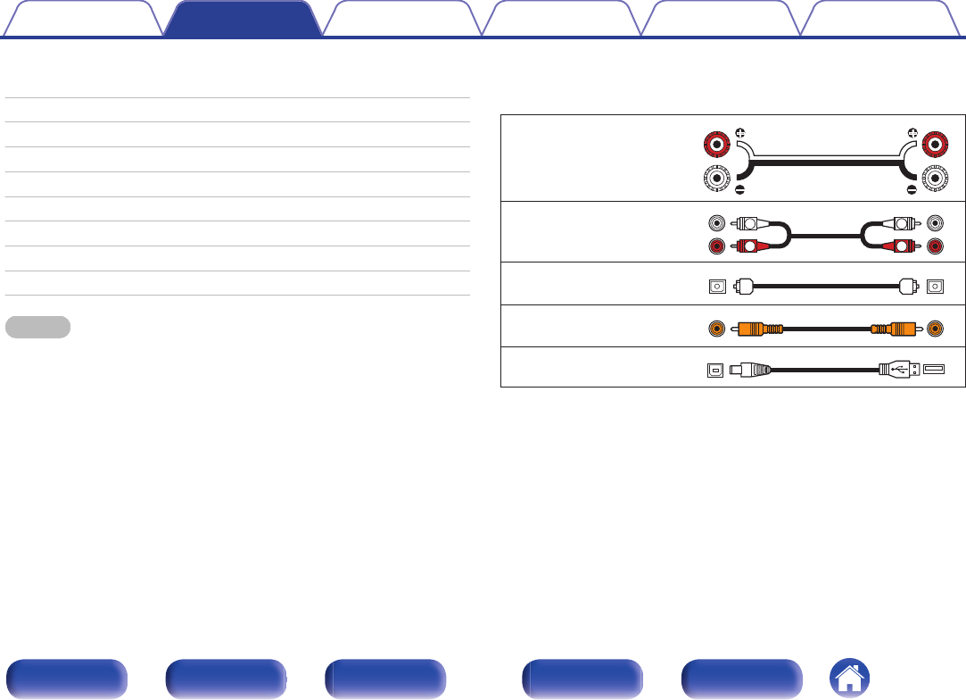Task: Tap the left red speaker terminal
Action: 714,142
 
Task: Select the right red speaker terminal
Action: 935,142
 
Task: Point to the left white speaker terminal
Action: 714,179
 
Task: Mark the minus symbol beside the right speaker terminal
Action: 911,189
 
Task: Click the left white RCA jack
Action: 714,224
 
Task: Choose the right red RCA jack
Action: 934,245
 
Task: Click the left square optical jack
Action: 714,287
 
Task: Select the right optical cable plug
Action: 908,287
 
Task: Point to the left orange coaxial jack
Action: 714,328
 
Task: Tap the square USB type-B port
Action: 714,368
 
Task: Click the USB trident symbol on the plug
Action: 902,367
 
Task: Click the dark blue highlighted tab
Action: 243,19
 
